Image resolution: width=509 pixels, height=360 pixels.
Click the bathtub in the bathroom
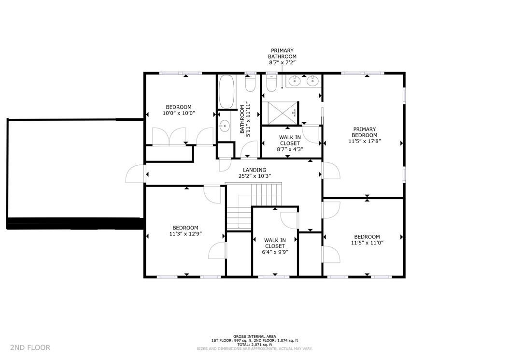click(226, 91)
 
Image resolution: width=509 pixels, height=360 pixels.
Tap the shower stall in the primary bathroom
click(280, 113)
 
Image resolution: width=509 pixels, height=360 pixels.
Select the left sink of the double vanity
click(295, 81)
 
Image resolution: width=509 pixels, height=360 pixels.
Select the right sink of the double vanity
click(312, 81)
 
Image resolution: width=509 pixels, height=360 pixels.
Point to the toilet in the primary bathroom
click(270, 84)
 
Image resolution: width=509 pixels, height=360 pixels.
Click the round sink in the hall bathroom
click(224, 127)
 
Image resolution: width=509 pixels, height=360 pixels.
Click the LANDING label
click(254, 170)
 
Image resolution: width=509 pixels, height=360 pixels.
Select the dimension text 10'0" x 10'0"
click(179, 114)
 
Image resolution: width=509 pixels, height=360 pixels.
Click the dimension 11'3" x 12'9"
click(185, 234)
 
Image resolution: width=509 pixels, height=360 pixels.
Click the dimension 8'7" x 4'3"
click(290, 149)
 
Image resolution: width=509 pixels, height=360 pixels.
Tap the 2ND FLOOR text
click(30, 347)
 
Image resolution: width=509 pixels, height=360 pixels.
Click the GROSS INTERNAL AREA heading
click(254, 336)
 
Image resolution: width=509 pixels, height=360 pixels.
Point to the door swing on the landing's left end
click(135, 174)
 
